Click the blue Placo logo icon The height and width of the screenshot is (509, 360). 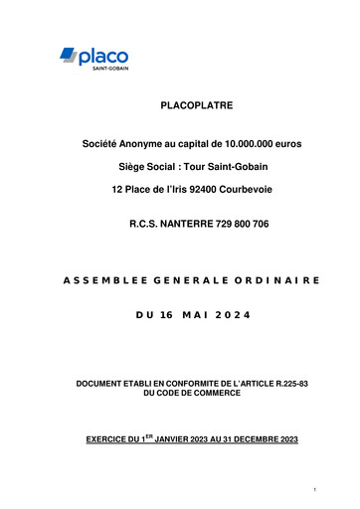(68, 55)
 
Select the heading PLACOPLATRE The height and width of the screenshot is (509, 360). (199, 104)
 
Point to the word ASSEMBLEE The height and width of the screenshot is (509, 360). (84, 282)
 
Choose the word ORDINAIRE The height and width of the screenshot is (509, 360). (277, 282)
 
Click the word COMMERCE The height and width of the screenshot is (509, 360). (216, 395)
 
